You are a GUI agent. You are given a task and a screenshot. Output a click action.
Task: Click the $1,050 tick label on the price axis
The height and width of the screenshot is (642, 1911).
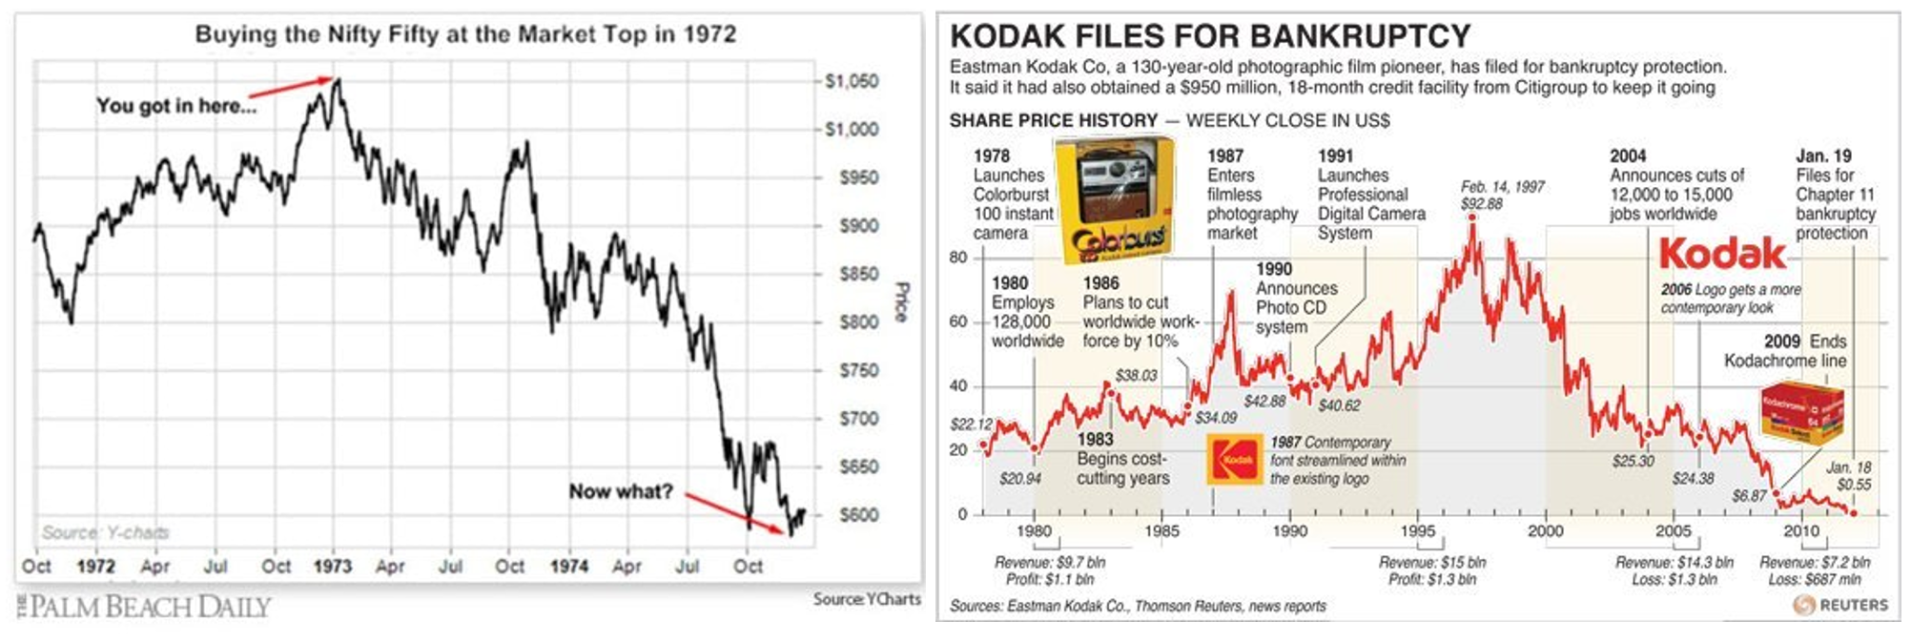coord(852,82)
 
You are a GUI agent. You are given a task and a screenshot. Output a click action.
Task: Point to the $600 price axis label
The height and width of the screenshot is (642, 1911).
coord(858,515)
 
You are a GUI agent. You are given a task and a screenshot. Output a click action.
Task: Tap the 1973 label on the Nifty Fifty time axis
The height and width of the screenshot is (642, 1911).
coord(332,567)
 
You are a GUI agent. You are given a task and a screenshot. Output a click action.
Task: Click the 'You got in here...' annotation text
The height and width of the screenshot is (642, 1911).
coord(176,106)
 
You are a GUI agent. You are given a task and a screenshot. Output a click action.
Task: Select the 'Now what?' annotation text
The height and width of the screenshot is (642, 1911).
coord(621,492)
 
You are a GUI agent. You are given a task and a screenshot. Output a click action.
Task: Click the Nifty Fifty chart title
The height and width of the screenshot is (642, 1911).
coord(465,34)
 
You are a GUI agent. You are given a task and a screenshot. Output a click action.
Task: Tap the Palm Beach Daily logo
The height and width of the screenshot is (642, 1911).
coord(144,607)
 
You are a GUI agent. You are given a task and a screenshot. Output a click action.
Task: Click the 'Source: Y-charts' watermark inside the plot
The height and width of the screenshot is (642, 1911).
coord(105,532)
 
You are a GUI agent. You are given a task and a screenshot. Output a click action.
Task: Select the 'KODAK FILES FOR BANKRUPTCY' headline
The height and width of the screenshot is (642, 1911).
coord(1210,36)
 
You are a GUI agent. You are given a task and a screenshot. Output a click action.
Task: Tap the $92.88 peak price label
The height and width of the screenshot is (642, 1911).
coord(1481,203)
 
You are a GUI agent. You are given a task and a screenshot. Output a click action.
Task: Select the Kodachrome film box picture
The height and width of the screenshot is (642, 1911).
coord(1800,412)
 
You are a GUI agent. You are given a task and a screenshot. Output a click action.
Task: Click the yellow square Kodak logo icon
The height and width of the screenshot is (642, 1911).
coord(1237,460)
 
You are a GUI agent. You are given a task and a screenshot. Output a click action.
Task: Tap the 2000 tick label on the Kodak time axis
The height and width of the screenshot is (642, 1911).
coord(1546,531)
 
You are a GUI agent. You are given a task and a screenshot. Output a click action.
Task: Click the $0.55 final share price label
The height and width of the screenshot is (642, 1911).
coord(1854,485)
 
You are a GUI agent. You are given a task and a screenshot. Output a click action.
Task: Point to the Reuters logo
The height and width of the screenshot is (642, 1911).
coord(1840,605)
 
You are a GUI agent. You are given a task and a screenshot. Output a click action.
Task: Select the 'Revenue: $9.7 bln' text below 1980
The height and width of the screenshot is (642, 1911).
coord(1050,563)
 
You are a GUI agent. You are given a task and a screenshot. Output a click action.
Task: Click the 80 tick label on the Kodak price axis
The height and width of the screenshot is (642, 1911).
coord(958,258)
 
